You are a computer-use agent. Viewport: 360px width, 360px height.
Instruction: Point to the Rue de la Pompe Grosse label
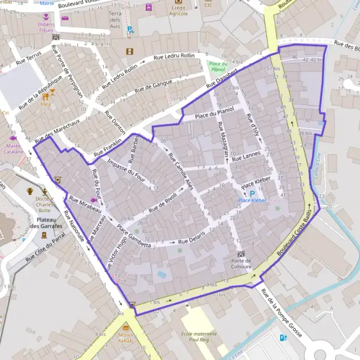281,311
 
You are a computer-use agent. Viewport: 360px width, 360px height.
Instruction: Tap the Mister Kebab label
126,337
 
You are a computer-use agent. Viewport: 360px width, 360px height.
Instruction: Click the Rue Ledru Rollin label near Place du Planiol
175,56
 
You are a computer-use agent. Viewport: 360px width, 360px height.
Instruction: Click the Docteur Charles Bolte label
43,204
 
